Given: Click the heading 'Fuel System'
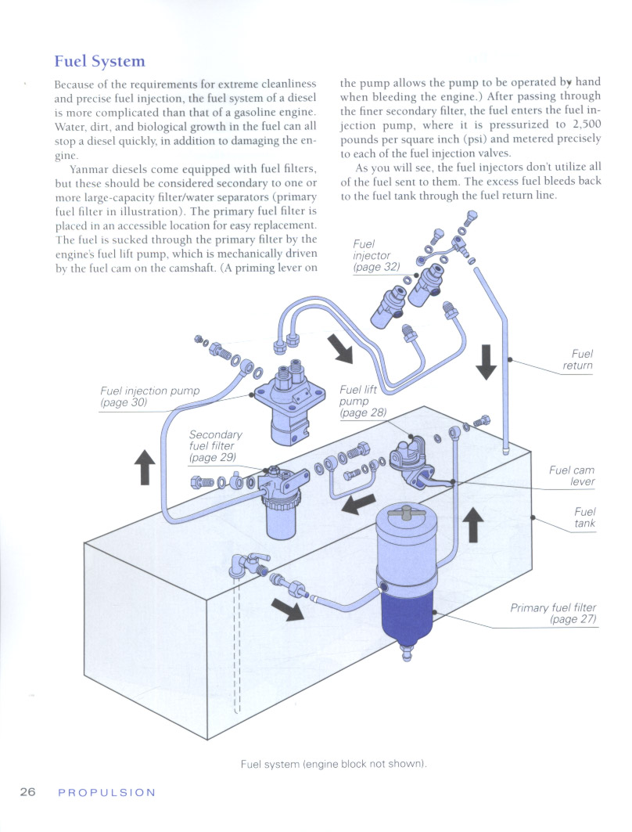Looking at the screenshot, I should [x=99, y=61].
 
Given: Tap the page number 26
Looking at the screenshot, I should [x=28, y=792].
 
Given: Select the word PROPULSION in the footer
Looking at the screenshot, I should [x=107, y=792].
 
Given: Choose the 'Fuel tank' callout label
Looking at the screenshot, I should [x=584, y=517].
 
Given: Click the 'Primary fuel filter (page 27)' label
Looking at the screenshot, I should [x=553, y=613].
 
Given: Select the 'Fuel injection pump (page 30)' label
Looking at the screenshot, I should [x=150, y=396].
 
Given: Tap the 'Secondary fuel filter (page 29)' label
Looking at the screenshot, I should [x=215, y=446].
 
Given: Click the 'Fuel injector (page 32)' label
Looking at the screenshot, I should [x=375, y=255].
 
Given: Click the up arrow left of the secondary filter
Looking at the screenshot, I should [x=144, y=467].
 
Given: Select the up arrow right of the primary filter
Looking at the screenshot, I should [x=472, y=522].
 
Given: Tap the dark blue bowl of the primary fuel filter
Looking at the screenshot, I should [x=407, y=618].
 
